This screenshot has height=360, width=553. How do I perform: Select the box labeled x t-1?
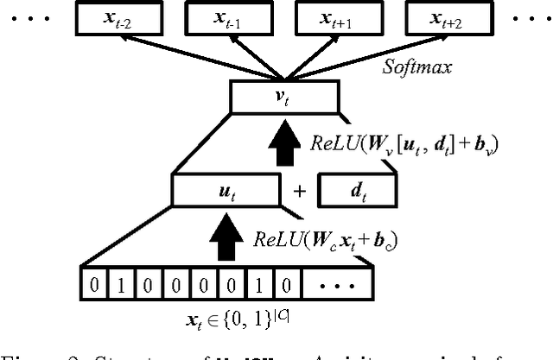(x=220, y=17)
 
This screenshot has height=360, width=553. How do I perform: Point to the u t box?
(x=222, y=187)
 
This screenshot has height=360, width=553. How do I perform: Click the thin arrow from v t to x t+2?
(x=363, y=53)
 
